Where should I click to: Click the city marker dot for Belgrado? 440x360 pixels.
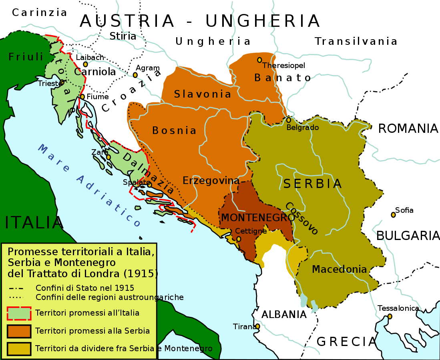[x=288, y=120]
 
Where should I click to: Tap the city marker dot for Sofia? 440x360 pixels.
[x=393, y=215]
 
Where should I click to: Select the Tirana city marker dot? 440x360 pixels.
[x=257, y=326]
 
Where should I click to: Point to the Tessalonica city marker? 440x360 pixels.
[x=390, y=316]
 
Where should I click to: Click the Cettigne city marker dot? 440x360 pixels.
[x=239, y=239]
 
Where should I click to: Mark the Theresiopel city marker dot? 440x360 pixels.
[x=259, y=60]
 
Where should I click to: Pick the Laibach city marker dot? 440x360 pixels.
[x=85, y=64]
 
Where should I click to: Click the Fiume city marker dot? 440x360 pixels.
[x=82, y=96]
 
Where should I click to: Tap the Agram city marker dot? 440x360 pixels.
[x=135, y=75]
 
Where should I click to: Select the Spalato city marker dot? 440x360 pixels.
[x=149, y=184]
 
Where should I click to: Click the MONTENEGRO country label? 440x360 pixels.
[x=255, y=218]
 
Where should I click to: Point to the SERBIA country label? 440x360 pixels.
[x=312, y=184]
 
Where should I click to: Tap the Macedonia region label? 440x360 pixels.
[x=339, y=269]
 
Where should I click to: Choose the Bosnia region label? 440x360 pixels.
[x=174, y=130]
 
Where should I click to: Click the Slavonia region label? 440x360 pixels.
[x=203, y=94]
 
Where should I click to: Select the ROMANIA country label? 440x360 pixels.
[x=408, y=128]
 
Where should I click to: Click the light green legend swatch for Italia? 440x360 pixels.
[x=19, y=313]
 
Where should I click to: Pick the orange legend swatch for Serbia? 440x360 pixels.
[x=19, y=331]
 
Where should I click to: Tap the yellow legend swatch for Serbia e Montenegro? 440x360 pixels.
[x=19, y=348]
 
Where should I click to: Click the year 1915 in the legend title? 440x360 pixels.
[x=141, y=274]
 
